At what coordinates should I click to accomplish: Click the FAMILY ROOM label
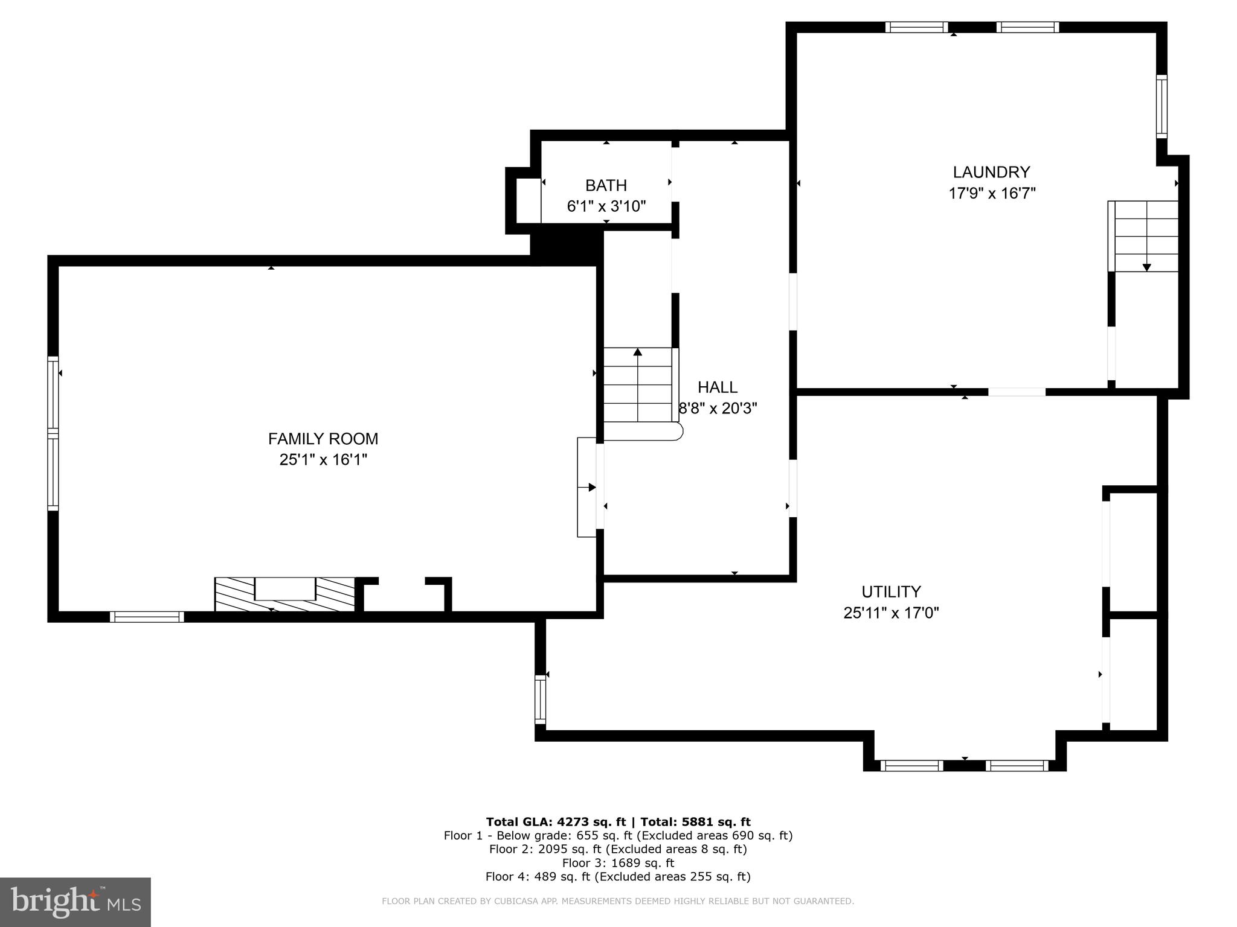(x=323, y=439)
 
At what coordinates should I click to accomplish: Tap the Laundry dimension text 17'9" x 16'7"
(x=992, y=193)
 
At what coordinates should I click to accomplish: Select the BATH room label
(x=606, y=185)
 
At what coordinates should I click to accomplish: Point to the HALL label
(x=718, y=387)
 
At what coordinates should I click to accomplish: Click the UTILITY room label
(x=891, y=591)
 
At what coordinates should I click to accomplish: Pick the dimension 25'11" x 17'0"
(x=891, y=613)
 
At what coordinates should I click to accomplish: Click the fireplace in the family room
(x=284, y=594)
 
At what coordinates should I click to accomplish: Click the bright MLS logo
(x=75, y=902)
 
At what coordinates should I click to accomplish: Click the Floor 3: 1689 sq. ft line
(x=618, y=863)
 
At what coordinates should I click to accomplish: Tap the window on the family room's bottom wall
(x=147, y=617)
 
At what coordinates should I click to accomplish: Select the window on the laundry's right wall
(x=1161, y=106)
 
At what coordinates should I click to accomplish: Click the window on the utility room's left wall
(x=540, y=699)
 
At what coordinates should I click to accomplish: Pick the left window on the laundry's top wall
(x=916, y=27)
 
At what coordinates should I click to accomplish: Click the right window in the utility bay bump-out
(x=1017, y=766)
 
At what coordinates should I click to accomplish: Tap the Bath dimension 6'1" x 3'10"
(x=606, y=206)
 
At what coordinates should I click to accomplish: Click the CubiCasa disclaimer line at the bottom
(x=618, y=901)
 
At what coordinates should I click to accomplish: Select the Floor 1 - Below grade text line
(x=618, y=836)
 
